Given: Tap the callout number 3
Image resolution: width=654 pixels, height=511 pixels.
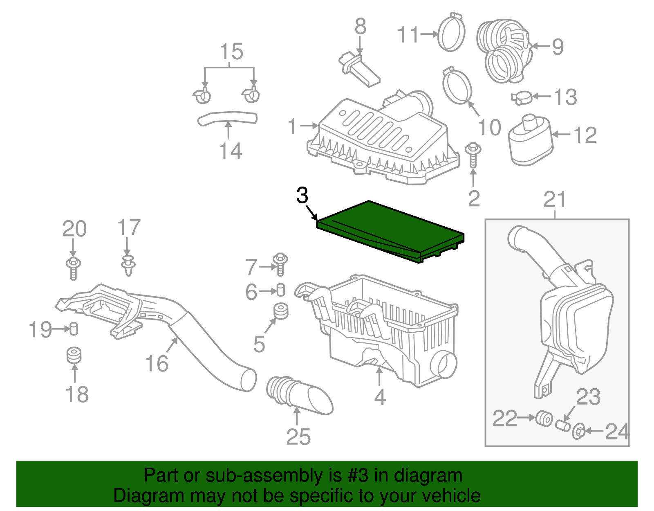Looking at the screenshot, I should pyautogui.click(x=302, y=196).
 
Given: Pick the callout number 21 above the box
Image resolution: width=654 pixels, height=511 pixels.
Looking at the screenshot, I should pyautogui.click(x=555, y=200).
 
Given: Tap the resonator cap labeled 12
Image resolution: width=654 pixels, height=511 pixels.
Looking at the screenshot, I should pyautogui.click(x=530, y=140).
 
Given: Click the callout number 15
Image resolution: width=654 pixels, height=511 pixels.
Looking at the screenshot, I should pyautogui.click(x=231, y=52).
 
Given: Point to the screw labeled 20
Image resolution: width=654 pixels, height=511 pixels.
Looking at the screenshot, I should pyautogui.click(x=73, y=268).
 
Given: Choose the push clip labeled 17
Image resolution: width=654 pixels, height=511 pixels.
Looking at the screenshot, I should pyautogui.click(x=128, y=265).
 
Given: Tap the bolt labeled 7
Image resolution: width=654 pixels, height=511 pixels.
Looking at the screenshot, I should pyautogui.click(x=281, y=264).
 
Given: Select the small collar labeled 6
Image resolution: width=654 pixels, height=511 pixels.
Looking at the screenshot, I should pyautogui.click(x=281, y=290).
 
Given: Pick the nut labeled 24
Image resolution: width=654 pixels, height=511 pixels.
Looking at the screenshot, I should pyautogui.click(x=578, y=432).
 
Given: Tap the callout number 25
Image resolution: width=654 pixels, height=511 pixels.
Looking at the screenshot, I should pyautogui.click(x=298, y=437).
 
